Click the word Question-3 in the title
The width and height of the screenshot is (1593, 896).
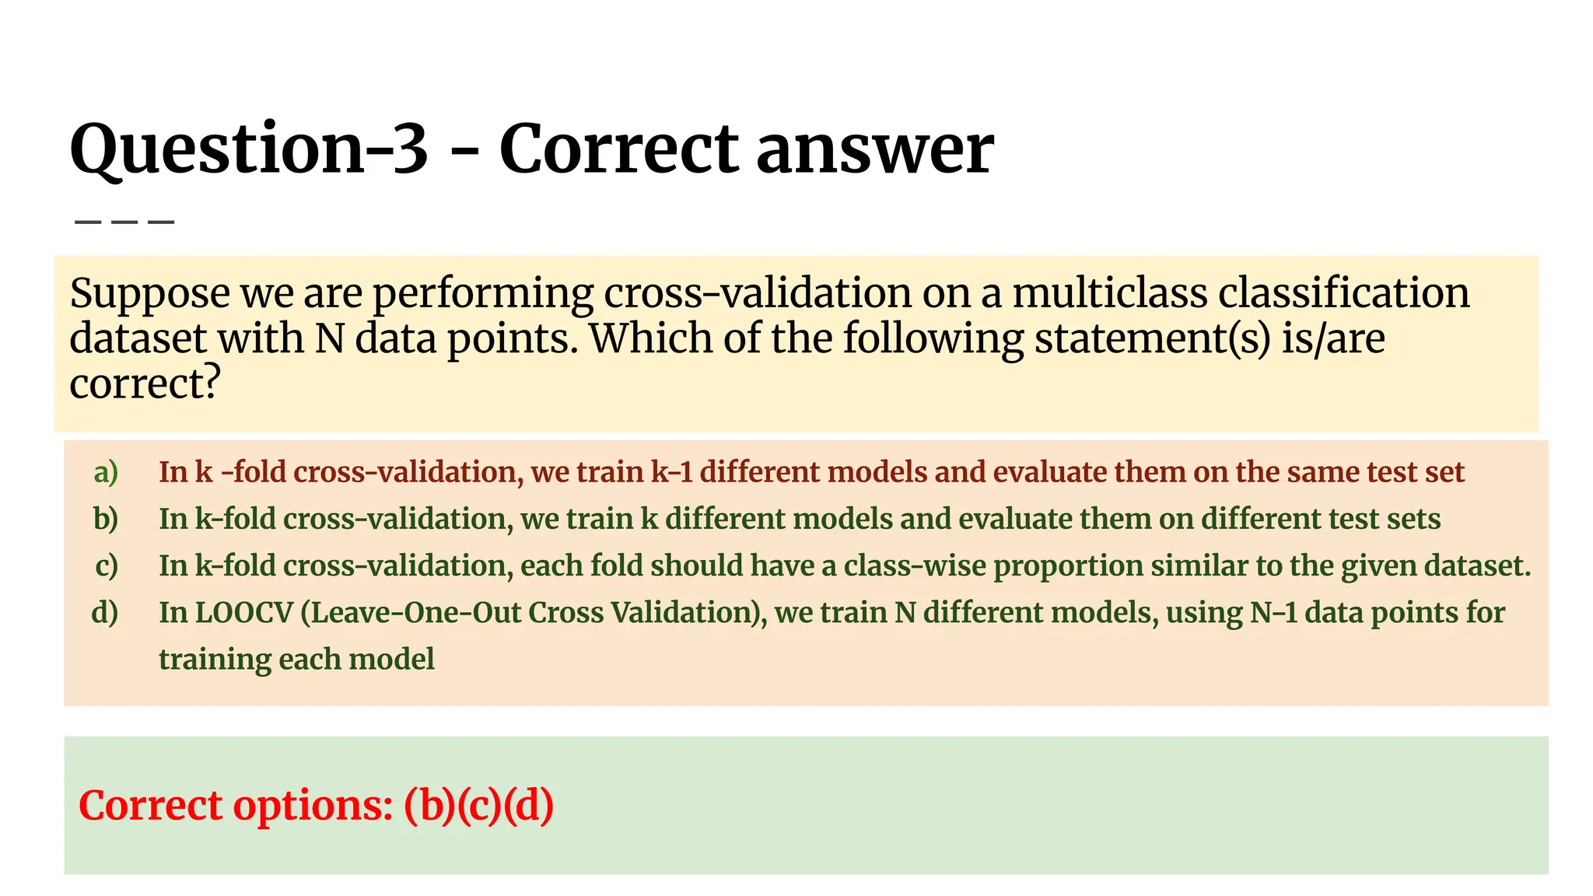pos(249,149)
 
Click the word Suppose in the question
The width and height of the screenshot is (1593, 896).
pos(150,294)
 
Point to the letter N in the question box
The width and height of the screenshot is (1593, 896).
pos(330,339)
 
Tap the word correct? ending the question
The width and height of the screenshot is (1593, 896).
pos(145,384)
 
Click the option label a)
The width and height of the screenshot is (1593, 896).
pos(106,472)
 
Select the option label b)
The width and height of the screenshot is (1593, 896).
pos(106,519)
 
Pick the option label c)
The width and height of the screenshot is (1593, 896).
pos(107,565)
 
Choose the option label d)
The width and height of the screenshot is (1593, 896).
pos(105,612)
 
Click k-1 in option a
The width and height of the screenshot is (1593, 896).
pos(671,472)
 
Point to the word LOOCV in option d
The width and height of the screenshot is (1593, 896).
pos(243,612)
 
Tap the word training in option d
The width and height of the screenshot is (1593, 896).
pos(215,660)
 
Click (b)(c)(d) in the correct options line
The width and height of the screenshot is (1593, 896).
pos(478,805)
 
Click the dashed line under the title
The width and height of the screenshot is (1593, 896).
pos(124,222)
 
